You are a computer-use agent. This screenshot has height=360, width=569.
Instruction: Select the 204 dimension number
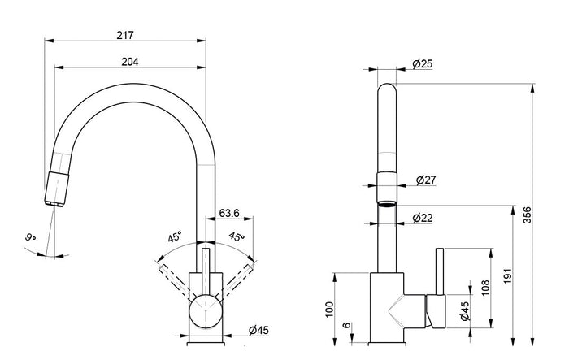pos(129,63)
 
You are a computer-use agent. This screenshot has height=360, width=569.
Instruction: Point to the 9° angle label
pos(29,237)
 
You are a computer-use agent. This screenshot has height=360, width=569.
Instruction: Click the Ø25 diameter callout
pos(422,63)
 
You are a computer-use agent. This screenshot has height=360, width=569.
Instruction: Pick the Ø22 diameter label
pos(422,217)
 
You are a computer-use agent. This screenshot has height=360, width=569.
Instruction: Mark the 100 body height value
pos(328,309)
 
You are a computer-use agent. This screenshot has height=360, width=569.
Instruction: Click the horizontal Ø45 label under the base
pos(258,329)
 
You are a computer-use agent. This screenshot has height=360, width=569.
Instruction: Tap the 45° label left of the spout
pos(174,239)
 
